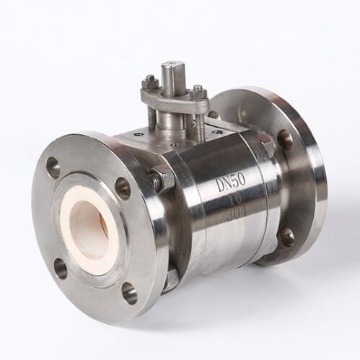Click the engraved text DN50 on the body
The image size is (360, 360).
[231, 182]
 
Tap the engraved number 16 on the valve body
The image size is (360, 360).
[233, 198]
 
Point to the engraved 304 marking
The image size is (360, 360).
[237, 213]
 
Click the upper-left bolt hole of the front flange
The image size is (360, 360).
[53, 165]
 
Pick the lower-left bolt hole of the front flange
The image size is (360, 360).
[60, 268]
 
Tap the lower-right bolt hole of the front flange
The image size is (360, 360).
[129, 293]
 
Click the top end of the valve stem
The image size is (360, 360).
[170, 66]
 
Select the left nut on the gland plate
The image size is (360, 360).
[151, 82]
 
